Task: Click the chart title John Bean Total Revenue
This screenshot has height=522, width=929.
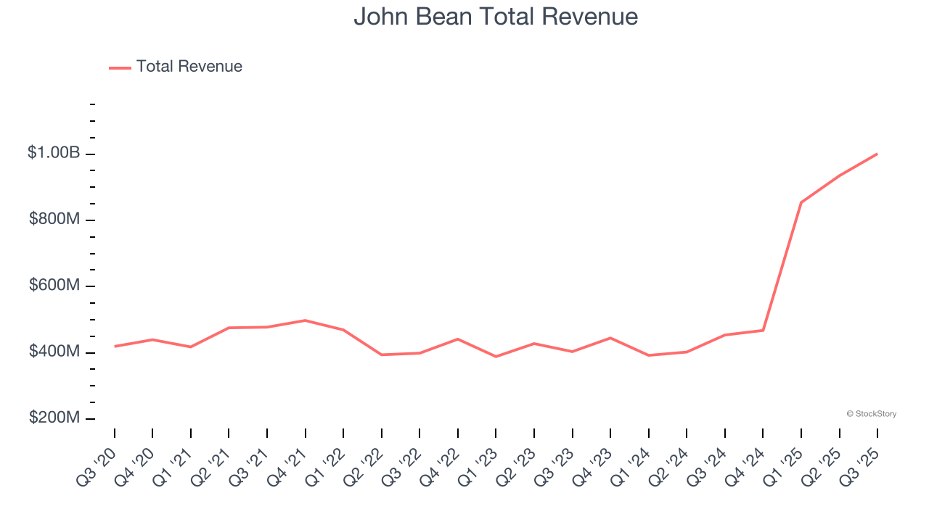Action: click(496, 17)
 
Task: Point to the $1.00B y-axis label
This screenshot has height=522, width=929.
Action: click(54, 153)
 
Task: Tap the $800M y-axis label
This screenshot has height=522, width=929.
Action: click(54, 219)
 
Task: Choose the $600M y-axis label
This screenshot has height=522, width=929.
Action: click(54, 286)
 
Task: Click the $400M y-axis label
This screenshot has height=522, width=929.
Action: click(54, 352)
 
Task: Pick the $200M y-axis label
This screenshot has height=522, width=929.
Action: click(54, 418)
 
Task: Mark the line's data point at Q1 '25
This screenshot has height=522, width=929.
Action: click(801, 202)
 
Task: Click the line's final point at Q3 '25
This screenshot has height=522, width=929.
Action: click(877, 154)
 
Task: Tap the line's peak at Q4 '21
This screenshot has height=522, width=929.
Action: click(306, 320)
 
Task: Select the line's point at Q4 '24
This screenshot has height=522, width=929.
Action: click(763, 331)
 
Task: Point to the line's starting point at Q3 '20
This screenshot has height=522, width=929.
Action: click(115, 347)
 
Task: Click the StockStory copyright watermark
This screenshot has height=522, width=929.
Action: click(871, 414)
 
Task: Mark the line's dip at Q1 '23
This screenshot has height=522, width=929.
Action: click(496, 357)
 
